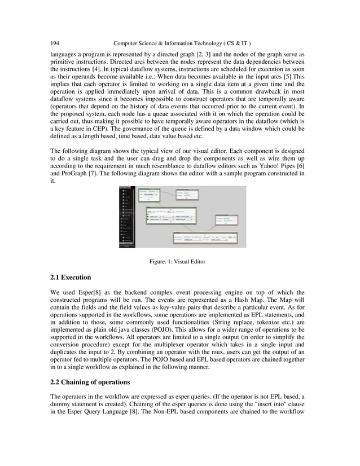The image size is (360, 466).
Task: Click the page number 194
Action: (x=55, y=43)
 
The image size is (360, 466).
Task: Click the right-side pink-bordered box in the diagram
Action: (x=229, y=219)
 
